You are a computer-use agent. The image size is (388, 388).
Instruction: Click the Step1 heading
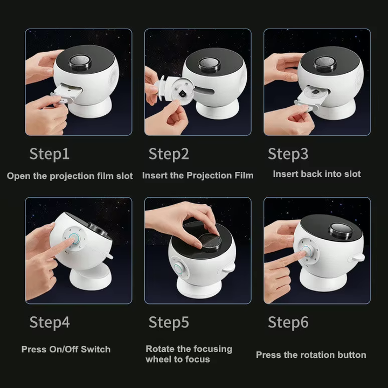(x=49, y=154)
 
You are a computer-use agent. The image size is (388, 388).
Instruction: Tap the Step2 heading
(x=169, y=154)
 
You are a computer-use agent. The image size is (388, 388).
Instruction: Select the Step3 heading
(x=288, y=154)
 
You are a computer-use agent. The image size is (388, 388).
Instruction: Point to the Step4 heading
(x=50, y=322)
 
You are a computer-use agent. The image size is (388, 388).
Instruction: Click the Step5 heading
(x=169, y=322)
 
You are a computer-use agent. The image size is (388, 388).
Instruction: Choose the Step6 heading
(x=288, y=322)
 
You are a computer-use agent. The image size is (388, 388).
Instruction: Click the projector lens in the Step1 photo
(x=80, y=62)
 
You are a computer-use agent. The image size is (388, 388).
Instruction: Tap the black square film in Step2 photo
(x=182, y=94)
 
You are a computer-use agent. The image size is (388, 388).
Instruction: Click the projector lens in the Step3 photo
(x=325, y=64)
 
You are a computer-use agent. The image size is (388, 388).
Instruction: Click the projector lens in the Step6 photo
(x=341, y=231)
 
